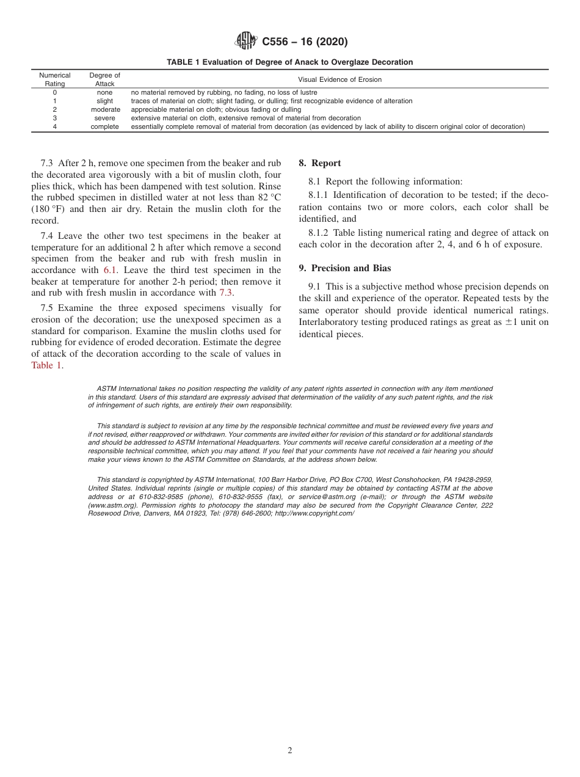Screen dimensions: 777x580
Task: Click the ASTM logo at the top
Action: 246,42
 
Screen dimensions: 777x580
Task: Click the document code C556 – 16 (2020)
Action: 305,42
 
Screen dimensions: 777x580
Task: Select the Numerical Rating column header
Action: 55,79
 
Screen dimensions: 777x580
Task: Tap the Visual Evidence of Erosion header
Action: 339,79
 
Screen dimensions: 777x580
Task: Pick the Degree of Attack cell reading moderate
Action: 105,109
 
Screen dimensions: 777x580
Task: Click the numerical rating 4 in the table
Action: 55,126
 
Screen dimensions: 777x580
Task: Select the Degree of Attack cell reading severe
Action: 105,118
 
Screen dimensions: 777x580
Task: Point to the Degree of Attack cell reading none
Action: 105,92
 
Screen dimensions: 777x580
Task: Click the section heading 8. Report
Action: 320,163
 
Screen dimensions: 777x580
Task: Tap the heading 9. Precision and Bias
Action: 345,268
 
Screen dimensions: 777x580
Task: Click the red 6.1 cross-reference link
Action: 109,270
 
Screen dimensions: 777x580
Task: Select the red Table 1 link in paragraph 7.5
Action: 46,365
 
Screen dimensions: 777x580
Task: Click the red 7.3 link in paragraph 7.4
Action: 226,293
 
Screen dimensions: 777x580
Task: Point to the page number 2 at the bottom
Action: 290,751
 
